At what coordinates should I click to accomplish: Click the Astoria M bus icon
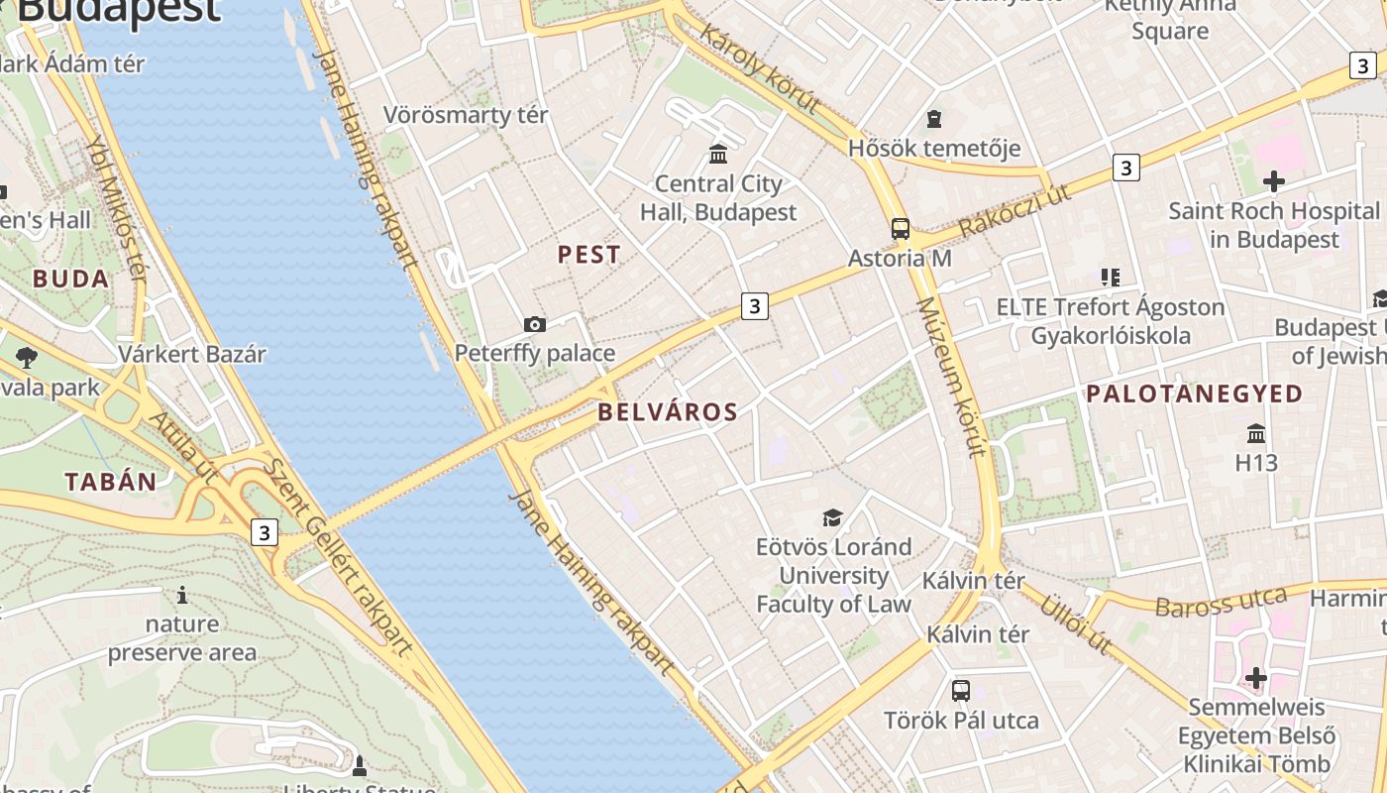point(901,229)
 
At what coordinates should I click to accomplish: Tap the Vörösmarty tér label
point(466,115)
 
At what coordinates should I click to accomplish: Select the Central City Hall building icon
point(718,155)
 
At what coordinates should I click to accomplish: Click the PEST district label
point(588,255)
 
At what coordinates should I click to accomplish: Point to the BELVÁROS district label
point(669,412)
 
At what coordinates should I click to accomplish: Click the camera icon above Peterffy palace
point(535,324)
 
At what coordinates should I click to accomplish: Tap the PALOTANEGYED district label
point(1194,394)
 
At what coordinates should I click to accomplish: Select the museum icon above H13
point(1256,433)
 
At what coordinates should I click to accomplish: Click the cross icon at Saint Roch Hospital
point(1274,181)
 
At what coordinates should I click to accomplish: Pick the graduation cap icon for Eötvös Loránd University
point(832,517)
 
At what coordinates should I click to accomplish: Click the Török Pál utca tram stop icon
point(960,691)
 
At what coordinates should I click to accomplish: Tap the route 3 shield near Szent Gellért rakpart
point(264,533)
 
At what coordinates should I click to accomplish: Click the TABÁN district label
point(111,482)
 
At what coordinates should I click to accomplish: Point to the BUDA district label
point(70,279)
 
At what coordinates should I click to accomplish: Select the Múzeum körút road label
point(950,377)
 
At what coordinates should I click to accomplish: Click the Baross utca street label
point(1221,602)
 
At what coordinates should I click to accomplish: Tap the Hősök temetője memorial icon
point(933,120)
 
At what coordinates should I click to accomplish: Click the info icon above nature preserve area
point(181,595)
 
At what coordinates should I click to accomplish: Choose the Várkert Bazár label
point(192,354)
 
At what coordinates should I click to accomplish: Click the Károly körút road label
point(759,68)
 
